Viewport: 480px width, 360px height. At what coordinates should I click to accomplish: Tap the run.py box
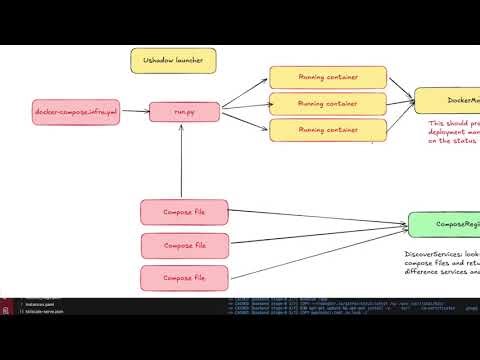point(183,112)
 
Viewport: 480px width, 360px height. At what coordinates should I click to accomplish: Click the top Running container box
point(328,77)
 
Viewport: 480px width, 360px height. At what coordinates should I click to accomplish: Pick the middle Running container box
point(328,103)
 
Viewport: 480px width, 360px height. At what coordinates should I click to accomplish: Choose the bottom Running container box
point(328,130)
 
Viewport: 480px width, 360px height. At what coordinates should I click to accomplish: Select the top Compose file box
point(184,212)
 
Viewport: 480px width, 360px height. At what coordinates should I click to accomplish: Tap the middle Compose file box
point(184,245)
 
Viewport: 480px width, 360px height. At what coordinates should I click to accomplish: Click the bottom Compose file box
point(184,276)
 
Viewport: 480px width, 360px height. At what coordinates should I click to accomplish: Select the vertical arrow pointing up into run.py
point(181,160)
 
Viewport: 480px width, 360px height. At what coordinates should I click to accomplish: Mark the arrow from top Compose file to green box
point(320,217)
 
